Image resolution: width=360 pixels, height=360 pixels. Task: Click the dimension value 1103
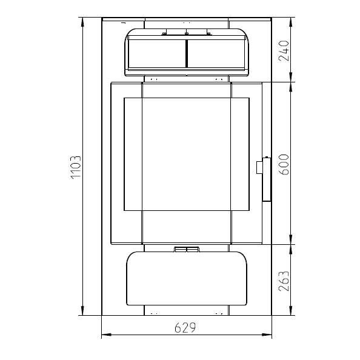point(76,167)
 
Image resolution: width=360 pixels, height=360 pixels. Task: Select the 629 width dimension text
point(185,328)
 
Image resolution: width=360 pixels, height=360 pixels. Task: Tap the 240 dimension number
point(284,51)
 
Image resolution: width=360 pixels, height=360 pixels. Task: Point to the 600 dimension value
point(284,165)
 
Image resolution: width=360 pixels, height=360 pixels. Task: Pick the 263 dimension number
point(284,281)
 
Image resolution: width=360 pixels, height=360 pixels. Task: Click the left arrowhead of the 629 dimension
point(106,335)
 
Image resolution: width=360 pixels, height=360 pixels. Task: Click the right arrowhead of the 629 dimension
point(267,335)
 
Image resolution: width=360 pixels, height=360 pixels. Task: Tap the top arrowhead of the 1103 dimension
point(82,22)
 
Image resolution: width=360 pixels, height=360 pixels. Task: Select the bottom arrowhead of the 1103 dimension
point(82,310)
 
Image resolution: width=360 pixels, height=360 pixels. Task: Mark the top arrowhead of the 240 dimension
point(291,22)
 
